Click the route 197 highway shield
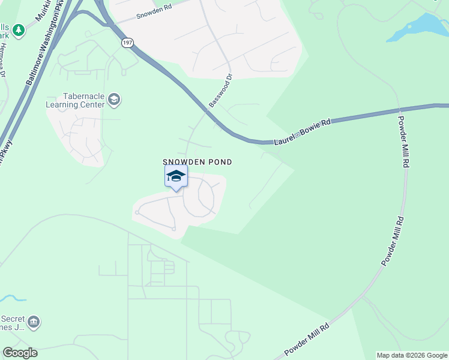click(x=127, y=43)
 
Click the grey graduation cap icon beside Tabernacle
click(x=115, y=100)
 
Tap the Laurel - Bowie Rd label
click(x=303, y=132)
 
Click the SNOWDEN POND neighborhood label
click(x=197, y=162)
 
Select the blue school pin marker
click(x=176, y=177)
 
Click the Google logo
click(x=20, y=353)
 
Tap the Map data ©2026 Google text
click(x=412, y=355)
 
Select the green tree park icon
click(x=19, y=29)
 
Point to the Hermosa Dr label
click(x=3, y=60)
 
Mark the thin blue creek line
click(x=13, y=298)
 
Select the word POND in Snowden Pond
click(x=220, y=162)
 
